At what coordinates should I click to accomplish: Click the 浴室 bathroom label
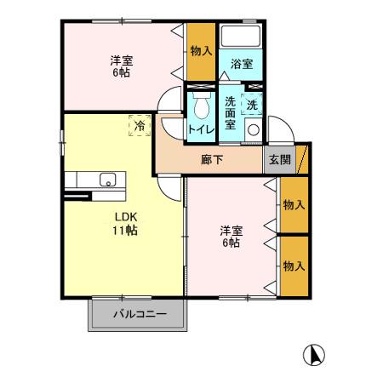point(241,64)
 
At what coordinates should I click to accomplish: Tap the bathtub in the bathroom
point(241,38)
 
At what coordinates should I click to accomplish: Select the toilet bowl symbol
point(201,106)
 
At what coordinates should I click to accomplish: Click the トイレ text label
point(201,129)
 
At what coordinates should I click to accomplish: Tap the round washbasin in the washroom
point(253,130)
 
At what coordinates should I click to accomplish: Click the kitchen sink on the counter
point(108,180)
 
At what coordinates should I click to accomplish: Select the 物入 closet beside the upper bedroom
point(201,51)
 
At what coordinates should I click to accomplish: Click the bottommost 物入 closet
point(294,266)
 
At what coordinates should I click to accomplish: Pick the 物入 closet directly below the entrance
point(294,204)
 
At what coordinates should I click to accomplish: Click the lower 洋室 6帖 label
point(229,237)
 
